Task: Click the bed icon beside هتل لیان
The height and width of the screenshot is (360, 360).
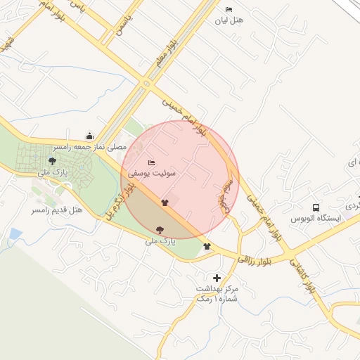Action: (x=229, y=9)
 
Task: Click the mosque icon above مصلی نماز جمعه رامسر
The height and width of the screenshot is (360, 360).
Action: (x=89, y=136)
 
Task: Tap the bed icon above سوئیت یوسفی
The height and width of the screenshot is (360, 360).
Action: (x=151, y=162)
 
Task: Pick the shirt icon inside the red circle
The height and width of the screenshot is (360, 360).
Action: (x=165, y=202)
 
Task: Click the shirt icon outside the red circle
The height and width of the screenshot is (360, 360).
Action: (x=207, y=246)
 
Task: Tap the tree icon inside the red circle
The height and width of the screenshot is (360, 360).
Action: (x=160, y=229)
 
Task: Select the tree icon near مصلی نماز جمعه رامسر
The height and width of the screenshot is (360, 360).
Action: (x=52, y=162)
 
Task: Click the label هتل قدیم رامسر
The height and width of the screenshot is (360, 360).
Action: (x=58, y=210)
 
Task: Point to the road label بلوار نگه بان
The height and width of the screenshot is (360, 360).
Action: (x=118, y=200)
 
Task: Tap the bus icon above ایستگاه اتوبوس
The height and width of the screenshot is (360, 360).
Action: (x=316, y=207)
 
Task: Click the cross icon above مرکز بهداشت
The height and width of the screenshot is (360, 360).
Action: (x=217, y=278)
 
